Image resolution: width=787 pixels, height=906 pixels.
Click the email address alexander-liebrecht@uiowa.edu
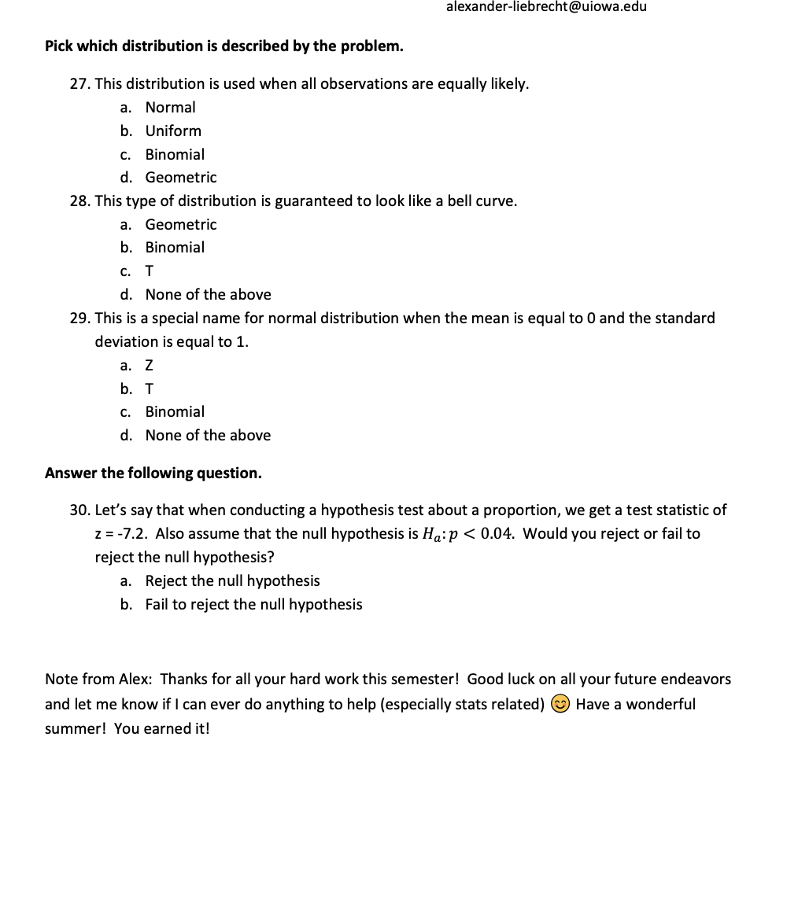pos(546,7)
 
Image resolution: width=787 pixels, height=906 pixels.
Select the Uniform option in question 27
pos(173,131)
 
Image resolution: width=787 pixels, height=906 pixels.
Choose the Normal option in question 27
pos(170,107)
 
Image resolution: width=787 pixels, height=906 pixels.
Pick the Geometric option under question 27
pos(181,178)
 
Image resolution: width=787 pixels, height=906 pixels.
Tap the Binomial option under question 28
pos(175,248)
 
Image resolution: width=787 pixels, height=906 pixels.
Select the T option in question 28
pos(150,271)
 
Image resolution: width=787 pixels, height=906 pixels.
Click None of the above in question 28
pos(208,295)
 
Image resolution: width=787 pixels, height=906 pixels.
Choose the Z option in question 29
pos(150,366)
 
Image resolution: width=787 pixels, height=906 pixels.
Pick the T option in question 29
pos(150,389)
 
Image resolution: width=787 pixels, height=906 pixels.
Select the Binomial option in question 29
pos(175,412)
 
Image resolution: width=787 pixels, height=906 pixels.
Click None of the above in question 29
pos(208,436)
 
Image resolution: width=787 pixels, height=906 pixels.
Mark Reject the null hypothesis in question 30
pos(232,581)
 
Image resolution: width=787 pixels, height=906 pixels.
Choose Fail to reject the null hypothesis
pos(253,605)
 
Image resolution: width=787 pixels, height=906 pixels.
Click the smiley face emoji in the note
pos(560,705)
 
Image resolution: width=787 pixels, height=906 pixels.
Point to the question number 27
pos(79,84)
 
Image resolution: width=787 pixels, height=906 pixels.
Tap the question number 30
pos(79,510)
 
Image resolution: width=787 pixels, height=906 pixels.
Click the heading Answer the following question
pos(153,473)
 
